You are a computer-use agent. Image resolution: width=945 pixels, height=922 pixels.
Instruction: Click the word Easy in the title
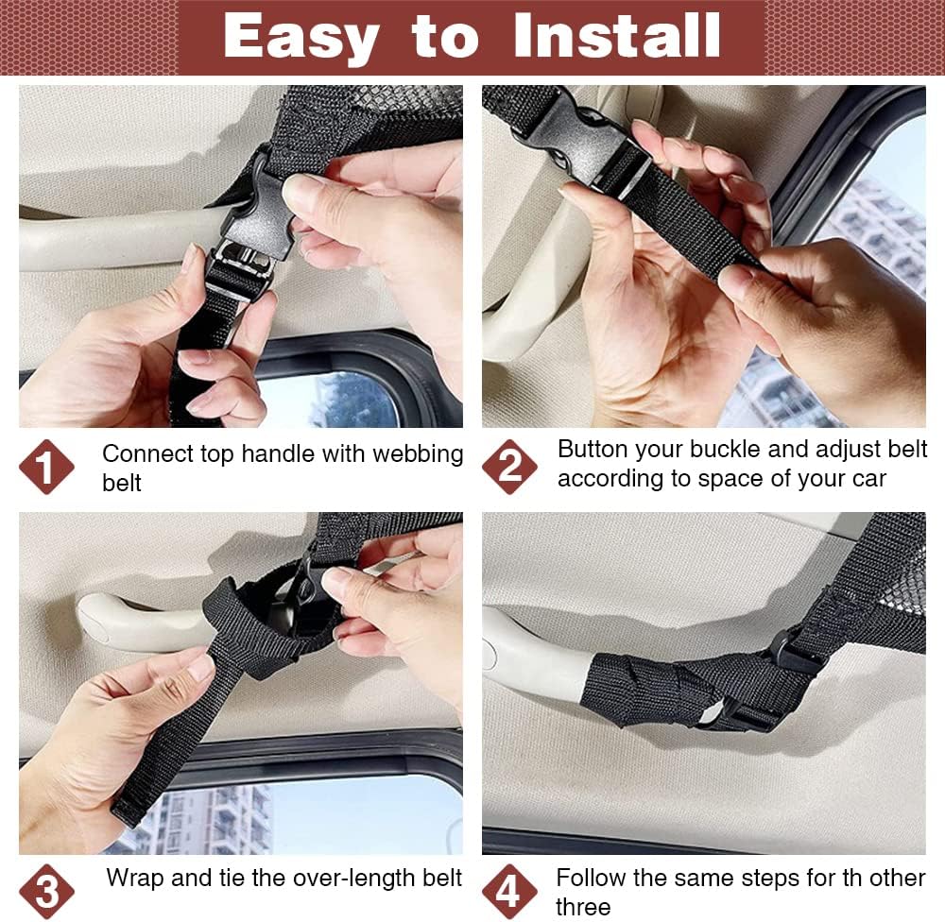tap(301, 38)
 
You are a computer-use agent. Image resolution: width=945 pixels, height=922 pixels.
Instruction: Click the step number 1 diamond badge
tap(46, 467)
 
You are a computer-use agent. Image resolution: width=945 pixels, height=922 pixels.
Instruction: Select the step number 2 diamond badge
tap(509, 467)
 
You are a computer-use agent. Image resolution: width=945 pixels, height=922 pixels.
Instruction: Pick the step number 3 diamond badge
tap(46, 892)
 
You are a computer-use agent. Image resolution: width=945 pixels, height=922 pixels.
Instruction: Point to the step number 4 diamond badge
tap(509, 892)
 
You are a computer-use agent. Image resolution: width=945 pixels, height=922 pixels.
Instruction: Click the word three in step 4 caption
tap(583, 906)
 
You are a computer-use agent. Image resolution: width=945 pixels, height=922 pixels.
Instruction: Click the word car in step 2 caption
tap(868, 479)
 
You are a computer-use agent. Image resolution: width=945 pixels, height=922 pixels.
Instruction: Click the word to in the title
tap(445, 39)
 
